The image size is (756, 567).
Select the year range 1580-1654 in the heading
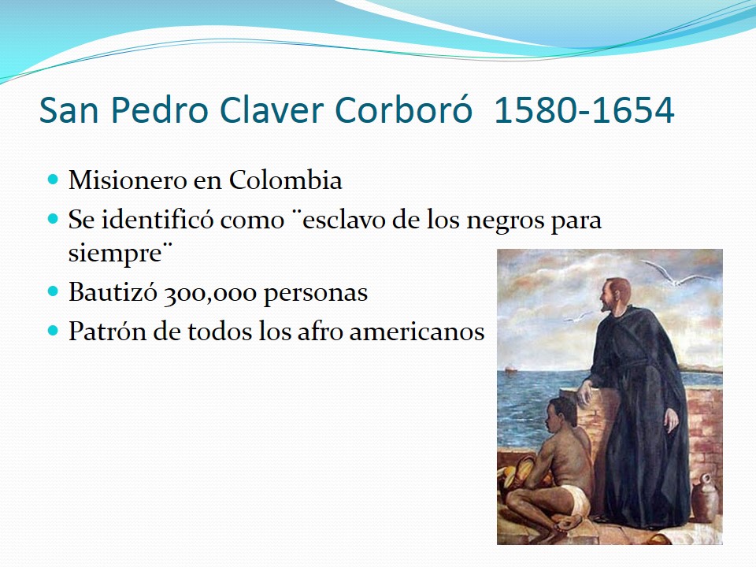[584, 110]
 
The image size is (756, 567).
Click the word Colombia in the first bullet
[285, 180]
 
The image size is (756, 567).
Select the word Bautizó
[113, 291]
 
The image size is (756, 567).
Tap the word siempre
[115, 254]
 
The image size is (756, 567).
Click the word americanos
[417, 332]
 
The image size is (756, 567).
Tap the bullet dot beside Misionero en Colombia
[53, 180]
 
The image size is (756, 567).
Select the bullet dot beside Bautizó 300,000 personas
[53, 291]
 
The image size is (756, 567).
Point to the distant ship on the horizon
[510, 369]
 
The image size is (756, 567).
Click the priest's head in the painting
[614, 295]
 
